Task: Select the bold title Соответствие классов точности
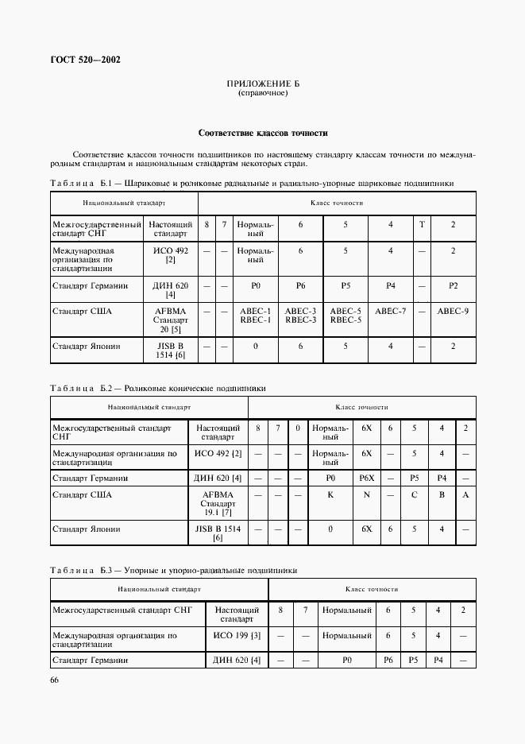click(x=262, y=133)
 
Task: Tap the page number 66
click(x=55, y=680)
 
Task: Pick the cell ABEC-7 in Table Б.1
click(x=390, y=311)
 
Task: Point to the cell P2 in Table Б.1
click(x=453, y=285)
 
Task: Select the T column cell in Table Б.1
click(x=422, y=225)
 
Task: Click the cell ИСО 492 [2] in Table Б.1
click(x=169, y=255)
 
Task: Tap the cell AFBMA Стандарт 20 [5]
click(x=169, y=320)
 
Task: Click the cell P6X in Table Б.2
click(x=366, y=479)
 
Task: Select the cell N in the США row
click(x=366, y=494)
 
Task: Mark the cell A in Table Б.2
click(x=465, y=494)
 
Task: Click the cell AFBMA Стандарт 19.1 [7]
click(x=218, y=504)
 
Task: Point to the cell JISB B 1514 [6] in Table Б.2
click(x=218, y=533)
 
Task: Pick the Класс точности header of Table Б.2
click(x=361, y=407)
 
